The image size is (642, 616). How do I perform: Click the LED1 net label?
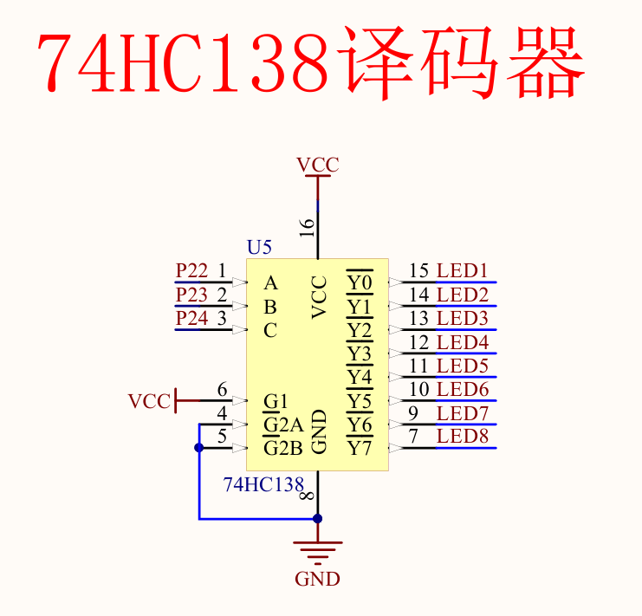point(463,271)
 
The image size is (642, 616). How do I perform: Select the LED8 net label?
point(463,437)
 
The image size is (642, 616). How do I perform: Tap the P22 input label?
point(191,271)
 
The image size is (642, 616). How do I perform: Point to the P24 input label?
point(191,319)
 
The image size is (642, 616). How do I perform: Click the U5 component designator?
point(259,248)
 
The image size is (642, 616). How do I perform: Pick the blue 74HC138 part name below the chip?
point(263,485)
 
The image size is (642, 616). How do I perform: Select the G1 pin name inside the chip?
point(276,402)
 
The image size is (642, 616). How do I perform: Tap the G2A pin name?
point(283,425)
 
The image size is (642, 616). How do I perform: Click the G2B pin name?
point(283,449)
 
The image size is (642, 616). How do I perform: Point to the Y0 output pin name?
point(359,283)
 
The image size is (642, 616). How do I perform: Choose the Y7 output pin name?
point(359,449)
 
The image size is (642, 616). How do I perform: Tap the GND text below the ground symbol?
point(318,580)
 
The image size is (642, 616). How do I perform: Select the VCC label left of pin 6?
point(149,402)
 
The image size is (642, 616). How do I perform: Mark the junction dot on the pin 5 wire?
point(199,448)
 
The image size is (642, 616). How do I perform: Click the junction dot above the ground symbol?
point(318,518)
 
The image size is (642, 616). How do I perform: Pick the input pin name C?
point(270,331)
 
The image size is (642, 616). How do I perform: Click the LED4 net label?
point(463,342)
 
